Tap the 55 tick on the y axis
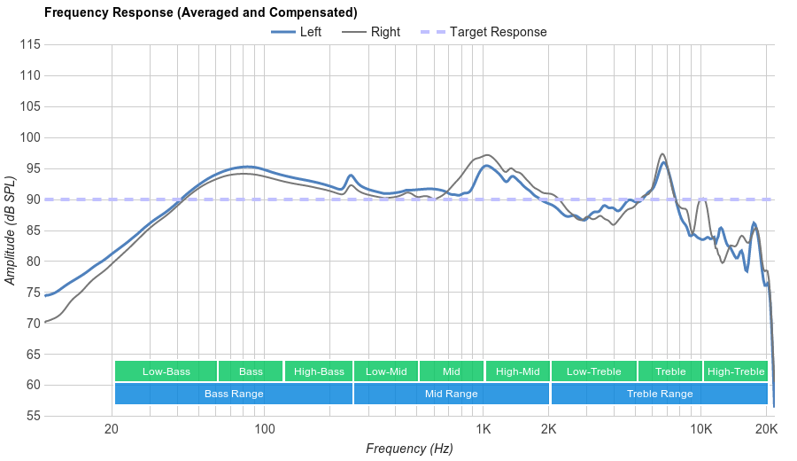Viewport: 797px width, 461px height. point(31,416)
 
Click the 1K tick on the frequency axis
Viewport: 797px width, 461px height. point(484,428)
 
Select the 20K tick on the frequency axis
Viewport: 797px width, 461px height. point(766,428)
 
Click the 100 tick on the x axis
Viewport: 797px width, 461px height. point(265,428)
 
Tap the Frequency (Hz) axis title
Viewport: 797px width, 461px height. point(409,449)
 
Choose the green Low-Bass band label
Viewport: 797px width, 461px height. point(166,371)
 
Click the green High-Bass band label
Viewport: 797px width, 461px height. point(319,371)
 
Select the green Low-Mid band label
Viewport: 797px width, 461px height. point(386,371)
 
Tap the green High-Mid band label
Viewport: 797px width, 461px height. point(517,371)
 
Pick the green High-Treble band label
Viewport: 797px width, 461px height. point(736,371)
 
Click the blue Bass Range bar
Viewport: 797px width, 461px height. point(234,394)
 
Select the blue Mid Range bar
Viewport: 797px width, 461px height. point(452,394)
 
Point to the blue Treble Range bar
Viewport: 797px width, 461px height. point(660,394)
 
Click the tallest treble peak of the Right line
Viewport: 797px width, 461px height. point(662,154)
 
